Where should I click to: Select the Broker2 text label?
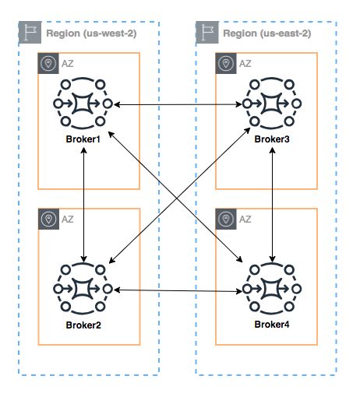click(83, 324)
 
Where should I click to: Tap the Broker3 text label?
click(272, 139)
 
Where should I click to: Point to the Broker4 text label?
click(272, 324)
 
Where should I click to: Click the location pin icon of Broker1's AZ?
click(48, 64)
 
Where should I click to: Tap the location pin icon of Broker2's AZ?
click(48, 219)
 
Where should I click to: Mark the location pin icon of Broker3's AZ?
click(226, 64)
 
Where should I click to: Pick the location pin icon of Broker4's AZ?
click(226, 219)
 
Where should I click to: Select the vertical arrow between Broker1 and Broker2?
click(84, 202)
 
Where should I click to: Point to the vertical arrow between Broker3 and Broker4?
click(272, 202)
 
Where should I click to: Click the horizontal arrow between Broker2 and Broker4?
click(178, 290)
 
